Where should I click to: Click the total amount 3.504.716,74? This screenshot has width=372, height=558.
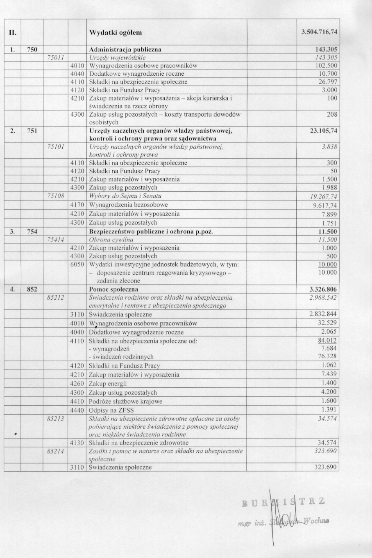319,32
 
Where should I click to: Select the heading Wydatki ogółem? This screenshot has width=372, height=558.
116,32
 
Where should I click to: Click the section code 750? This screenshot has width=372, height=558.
32,50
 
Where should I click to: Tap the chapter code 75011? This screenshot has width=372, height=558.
55,57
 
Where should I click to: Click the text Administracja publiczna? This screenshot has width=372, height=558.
125,50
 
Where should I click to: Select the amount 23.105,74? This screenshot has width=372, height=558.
322,131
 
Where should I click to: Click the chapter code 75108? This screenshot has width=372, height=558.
56,196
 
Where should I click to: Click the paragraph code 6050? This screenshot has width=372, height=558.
77,264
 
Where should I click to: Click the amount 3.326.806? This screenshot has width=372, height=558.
323,289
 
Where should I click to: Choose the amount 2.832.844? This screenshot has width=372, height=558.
323,314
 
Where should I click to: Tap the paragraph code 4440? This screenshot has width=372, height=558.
77,410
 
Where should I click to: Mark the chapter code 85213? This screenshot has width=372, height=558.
55,419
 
